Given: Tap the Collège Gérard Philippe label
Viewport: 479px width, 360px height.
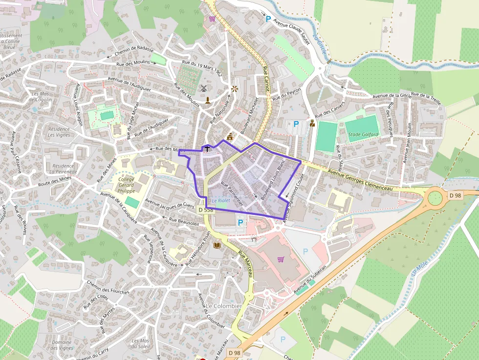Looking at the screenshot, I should pos(126,185).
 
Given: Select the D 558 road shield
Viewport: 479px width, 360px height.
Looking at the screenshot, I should pos(206,210).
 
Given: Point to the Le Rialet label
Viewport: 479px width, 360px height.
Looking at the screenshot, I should pos(221,201).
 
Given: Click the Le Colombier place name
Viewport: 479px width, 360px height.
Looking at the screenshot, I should pos(223,306).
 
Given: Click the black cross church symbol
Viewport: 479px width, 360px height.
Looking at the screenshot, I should pos(207,148).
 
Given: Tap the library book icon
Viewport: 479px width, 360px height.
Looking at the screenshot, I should pos(217,245).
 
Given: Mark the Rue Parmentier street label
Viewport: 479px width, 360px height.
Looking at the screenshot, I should pos(232,192).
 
